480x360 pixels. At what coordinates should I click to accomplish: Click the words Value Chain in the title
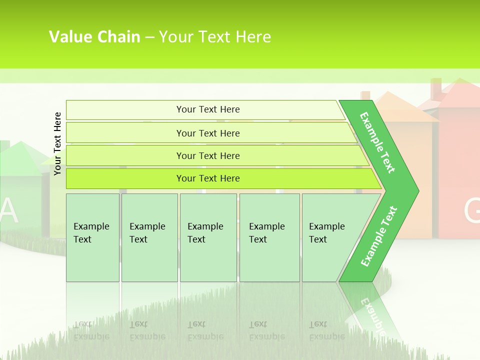tap(94, 37)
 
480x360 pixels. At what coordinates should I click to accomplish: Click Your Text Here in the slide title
tap(215, 37)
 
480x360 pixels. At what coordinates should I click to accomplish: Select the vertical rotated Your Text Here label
tap(57, 143)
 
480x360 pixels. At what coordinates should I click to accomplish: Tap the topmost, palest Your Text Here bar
tap(207, 109)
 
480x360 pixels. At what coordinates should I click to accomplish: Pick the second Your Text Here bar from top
tap(207, 133)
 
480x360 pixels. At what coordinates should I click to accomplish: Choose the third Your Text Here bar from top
tap(207, 155)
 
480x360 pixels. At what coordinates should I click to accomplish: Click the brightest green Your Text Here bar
tap(207, 178)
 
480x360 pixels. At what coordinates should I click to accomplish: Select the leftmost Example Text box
tap(92, 237)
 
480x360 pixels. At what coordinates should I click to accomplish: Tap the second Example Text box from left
tap(149, 237)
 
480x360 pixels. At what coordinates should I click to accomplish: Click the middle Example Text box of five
tap(208, 237)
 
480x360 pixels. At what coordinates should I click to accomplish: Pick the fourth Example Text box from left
tap(269, 237)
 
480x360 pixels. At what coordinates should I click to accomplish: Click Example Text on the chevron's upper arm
tap(377, 142)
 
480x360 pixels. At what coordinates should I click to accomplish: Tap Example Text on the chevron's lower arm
tap(379, 236)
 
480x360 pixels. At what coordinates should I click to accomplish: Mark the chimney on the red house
tap(436, 89)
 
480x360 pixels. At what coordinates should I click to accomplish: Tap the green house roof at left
tap(20, 158)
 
